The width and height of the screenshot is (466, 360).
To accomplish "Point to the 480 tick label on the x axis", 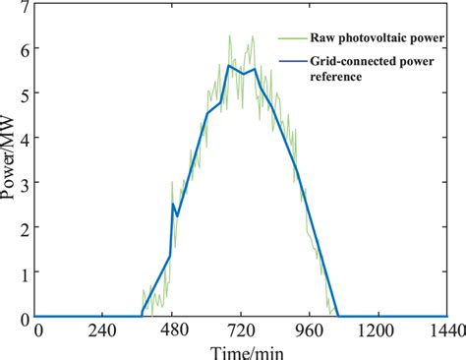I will coord(172,331).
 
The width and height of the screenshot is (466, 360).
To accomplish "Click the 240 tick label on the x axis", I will coord(104,331).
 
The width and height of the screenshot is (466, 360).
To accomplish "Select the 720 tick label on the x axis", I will coord(241,331).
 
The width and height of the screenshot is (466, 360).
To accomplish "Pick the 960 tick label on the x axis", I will coord(309,331).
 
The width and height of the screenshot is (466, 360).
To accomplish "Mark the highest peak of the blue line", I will coord(229,65).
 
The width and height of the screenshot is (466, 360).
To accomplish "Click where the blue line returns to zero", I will coord(338,317).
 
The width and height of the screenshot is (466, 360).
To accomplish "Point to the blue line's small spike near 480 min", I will coord(173,204).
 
